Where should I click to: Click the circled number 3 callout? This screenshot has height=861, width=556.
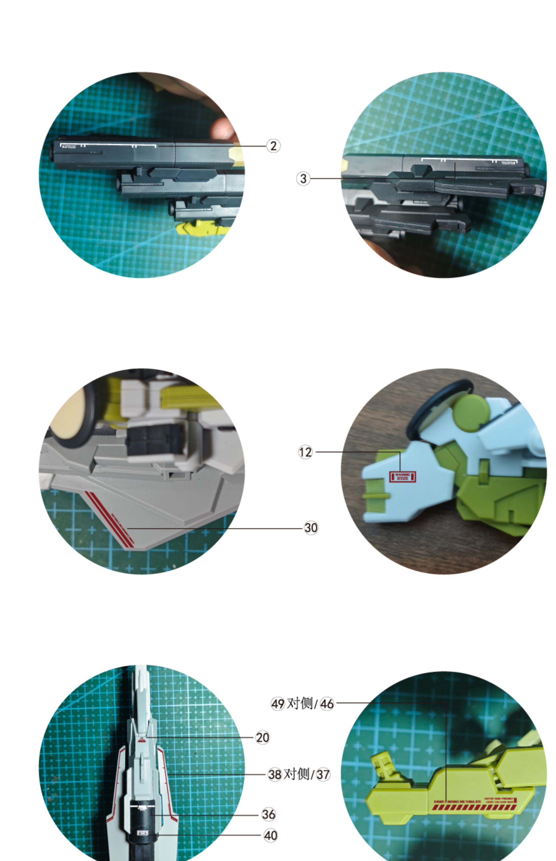point(303,178)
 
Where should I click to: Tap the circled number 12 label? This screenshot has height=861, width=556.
point(305,452)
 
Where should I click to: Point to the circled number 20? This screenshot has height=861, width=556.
point(263,737)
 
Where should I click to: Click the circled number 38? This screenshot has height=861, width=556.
point(275,774)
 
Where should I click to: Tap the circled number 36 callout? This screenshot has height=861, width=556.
point(269,814)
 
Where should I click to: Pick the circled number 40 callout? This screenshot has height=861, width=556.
point(270,835)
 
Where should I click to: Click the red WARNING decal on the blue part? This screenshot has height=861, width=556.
point(403,476)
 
